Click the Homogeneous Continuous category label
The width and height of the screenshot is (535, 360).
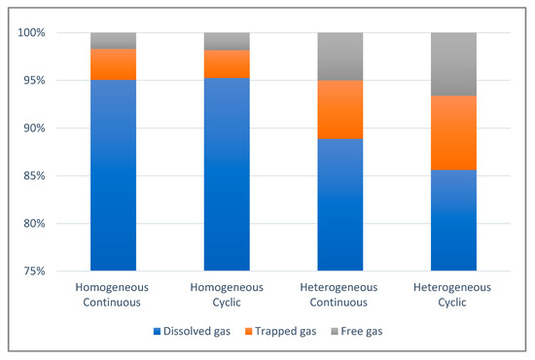point(113,294)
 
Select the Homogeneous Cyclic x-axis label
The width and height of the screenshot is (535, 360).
point(227,294)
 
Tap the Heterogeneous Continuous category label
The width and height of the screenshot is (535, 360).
point(339,294)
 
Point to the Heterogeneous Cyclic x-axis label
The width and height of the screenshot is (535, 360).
point(453,294)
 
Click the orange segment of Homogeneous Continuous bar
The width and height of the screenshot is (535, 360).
point(113,63)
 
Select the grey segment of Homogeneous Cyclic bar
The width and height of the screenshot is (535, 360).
point(227,41)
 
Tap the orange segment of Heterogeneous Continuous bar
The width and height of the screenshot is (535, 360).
point(339,109)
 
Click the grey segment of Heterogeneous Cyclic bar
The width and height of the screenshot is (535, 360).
point(453,63)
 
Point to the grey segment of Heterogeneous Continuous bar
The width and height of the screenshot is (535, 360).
point(339,55)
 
